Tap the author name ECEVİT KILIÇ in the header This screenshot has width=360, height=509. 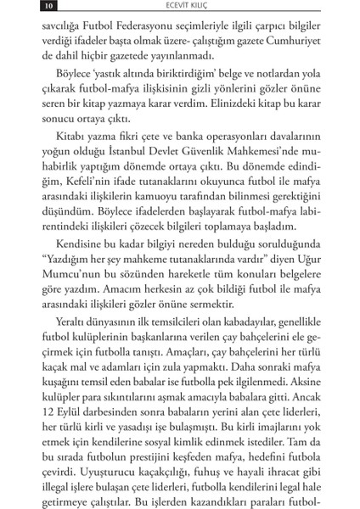point(179,8)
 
